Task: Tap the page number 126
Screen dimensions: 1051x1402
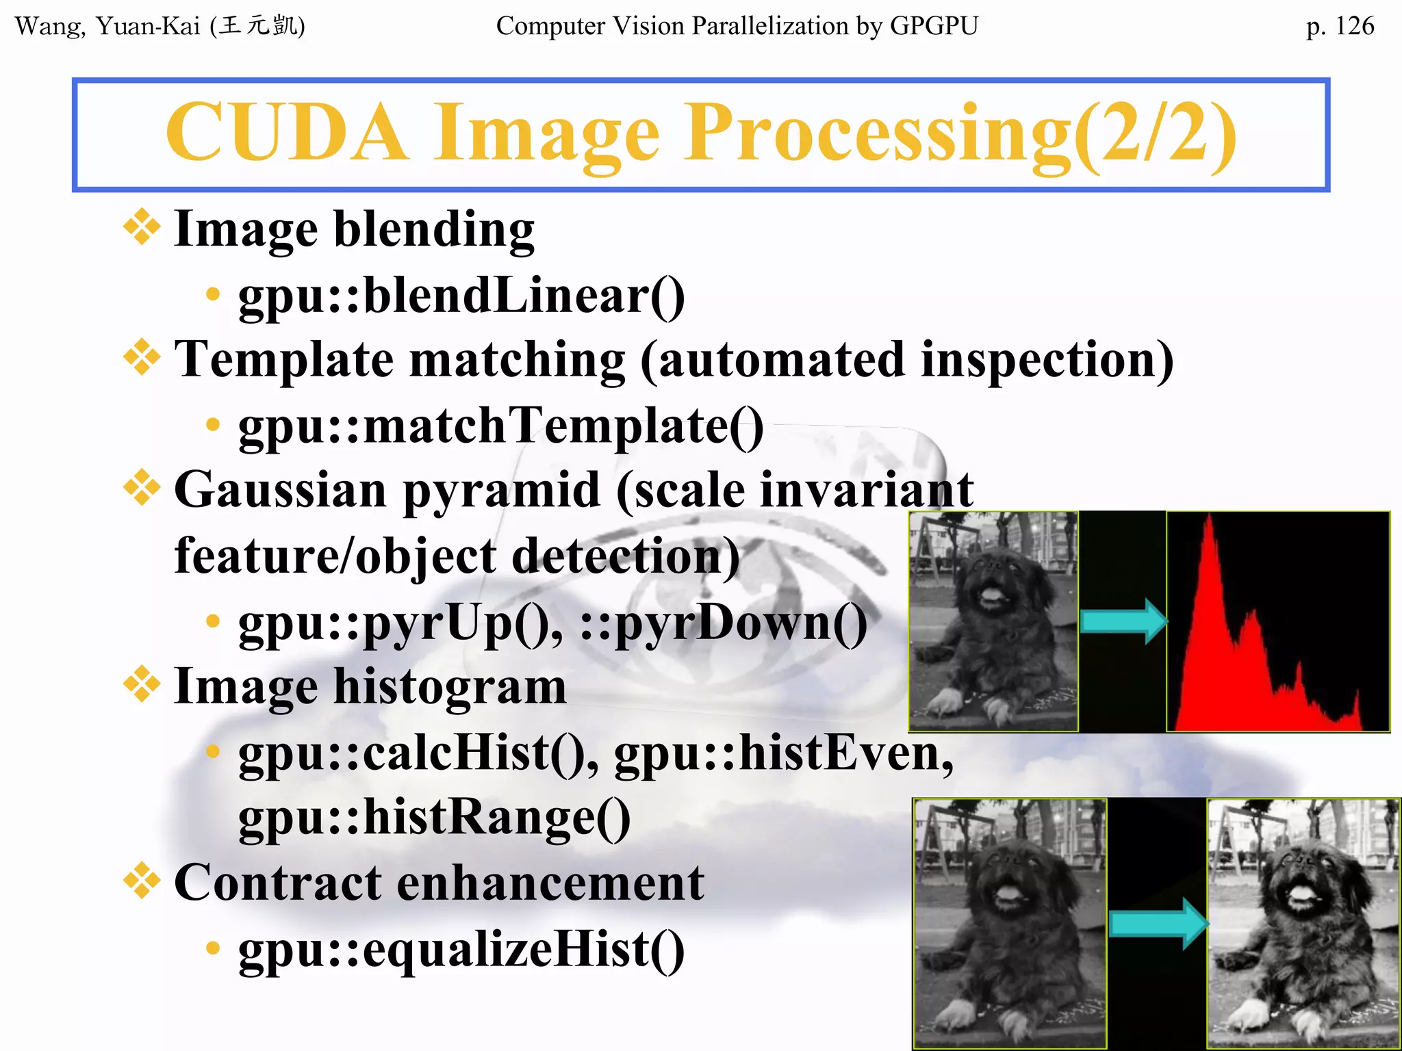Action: coord(1353,26)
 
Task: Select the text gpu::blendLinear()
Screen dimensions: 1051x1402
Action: coord(461,296)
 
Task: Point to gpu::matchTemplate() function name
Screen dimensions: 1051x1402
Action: coord(500,426)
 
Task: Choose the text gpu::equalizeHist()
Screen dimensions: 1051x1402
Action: coord(461,949)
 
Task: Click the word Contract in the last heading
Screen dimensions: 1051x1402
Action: coord(277,883)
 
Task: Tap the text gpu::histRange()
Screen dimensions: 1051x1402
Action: coord(434,818)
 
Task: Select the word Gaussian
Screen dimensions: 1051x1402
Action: coord(281,490)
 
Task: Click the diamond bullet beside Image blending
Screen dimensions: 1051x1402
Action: coord(142,226)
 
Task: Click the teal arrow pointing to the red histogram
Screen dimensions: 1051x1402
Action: coord(1123,621)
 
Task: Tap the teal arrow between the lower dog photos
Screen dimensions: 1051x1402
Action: coord(1157,924)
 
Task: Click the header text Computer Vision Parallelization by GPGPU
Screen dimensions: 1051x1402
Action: coord(737,26)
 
